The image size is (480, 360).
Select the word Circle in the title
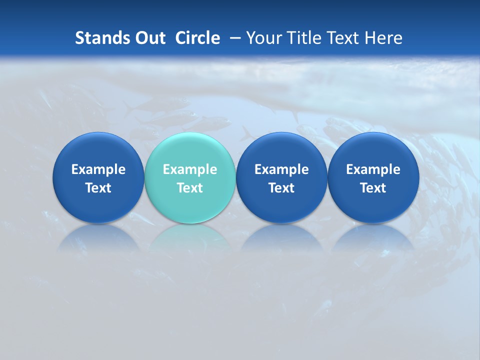[x=197, y=38]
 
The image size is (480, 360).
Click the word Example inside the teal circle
[x=190, y=169]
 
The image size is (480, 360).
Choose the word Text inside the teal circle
[x=190, y=188]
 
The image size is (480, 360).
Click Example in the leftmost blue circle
[x=98, y=169]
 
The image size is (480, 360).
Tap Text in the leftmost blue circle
[x=98, y=188]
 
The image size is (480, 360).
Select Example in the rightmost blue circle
[x=373, y=169]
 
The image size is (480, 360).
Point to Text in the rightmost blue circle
[x=373, y=188]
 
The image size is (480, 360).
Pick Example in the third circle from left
[x=281, y=169]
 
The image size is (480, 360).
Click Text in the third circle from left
[x=281, y=188]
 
